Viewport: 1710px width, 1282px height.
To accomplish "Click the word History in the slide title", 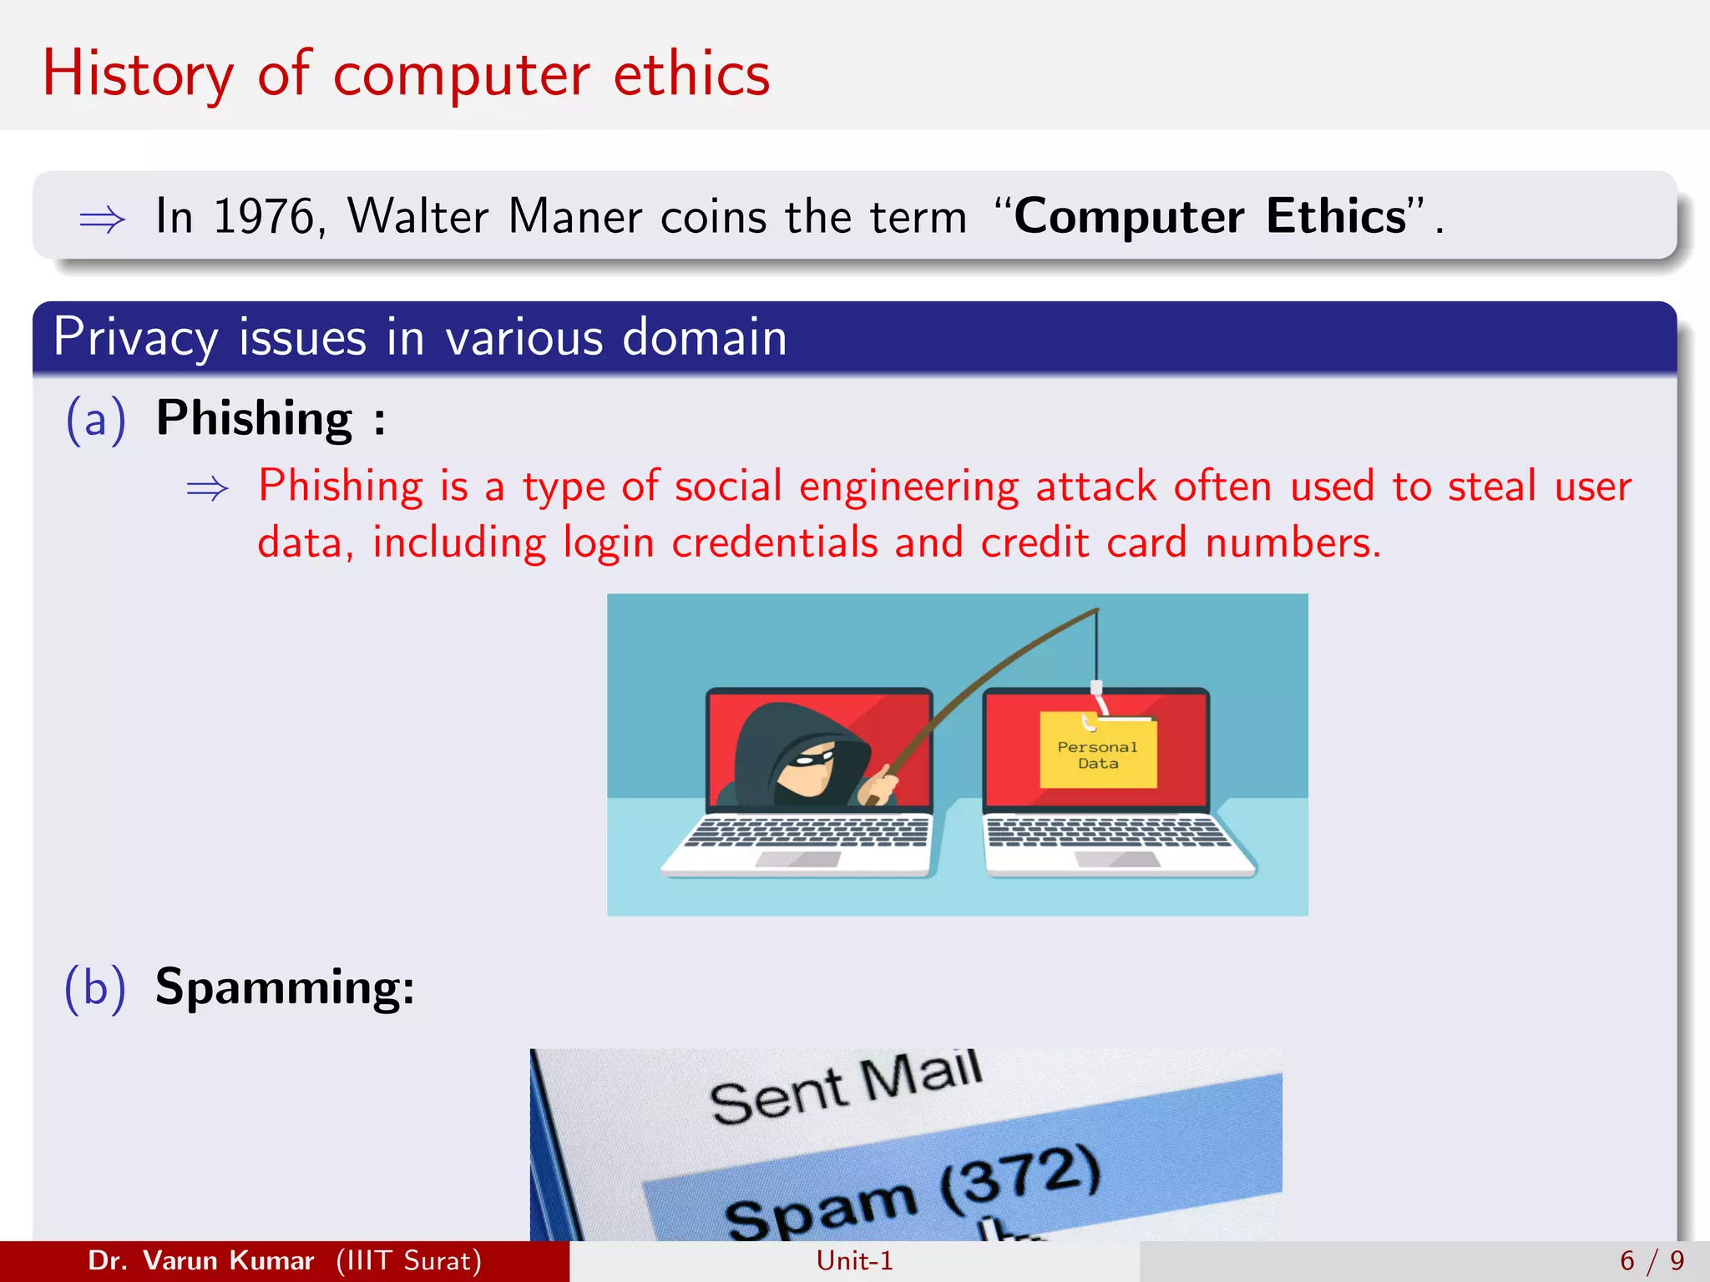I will click(138, 75).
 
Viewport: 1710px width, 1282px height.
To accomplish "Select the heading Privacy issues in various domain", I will click(420, 337).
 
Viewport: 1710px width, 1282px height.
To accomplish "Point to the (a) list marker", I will click(95, 419).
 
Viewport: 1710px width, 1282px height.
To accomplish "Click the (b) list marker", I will click(95, 988).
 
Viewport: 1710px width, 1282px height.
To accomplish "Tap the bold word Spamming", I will click(284, 988).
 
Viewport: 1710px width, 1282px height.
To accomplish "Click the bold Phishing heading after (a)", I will click(255, 419).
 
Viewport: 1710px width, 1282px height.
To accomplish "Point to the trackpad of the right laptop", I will click(1117, 860).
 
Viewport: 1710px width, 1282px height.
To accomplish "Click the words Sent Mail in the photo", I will click(845, 1087).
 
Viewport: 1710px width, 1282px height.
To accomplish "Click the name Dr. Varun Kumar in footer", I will click(200, 1261).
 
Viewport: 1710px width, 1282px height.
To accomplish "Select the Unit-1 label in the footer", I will click(854, 1261).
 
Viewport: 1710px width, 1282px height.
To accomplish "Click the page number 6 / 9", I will click(1652, 1261).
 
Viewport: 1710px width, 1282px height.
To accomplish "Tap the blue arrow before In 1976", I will click(102, 220).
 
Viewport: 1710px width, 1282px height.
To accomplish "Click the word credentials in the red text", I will click(774, 543).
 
